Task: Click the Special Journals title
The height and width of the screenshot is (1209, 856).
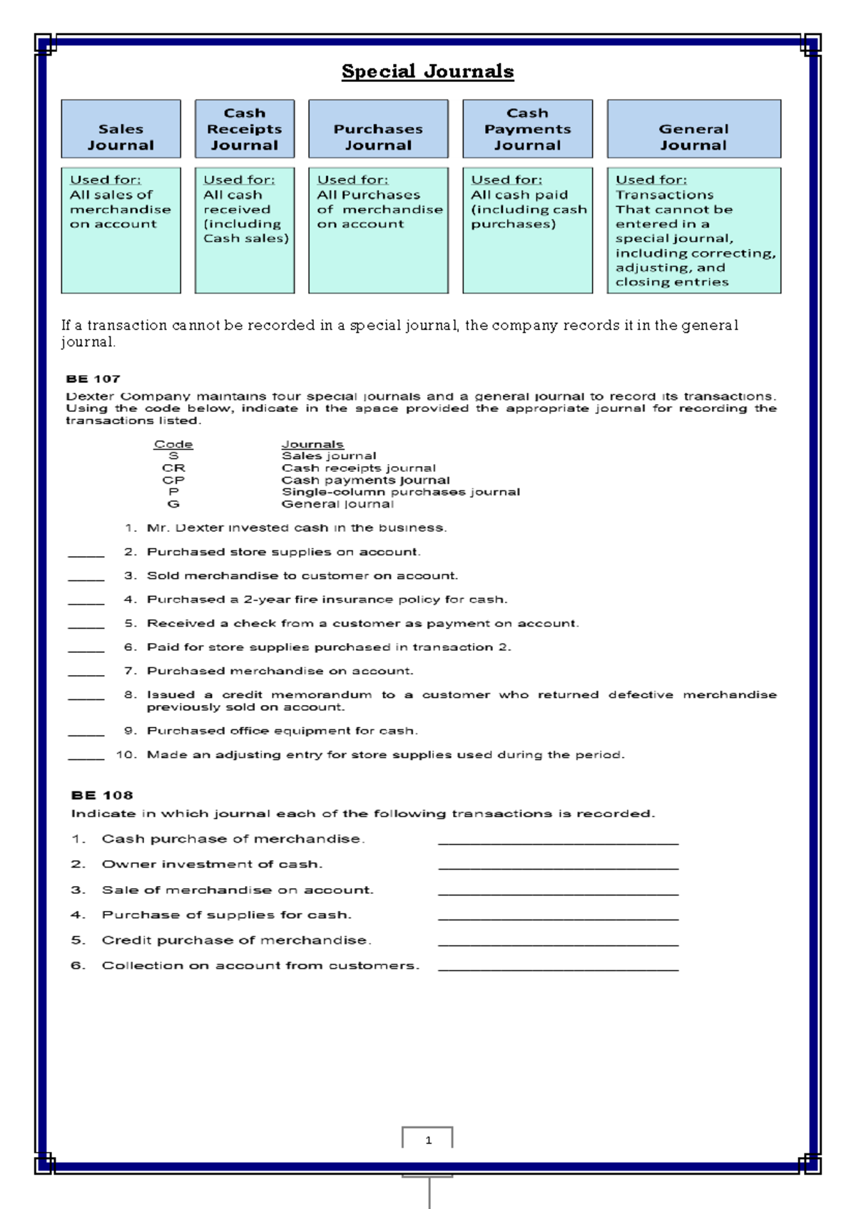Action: pos(427,71)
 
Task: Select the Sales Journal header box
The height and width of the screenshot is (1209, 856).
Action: pos(121,129)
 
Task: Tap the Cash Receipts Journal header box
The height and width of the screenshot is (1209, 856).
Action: pos(244,129)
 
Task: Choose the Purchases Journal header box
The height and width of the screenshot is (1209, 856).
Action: pos(378,129)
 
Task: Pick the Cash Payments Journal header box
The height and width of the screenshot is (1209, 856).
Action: pos(527,129)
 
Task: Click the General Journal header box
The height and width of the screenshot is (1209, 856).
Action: pos(693,129)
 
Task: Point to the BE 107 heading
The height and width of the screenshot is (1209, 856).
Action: pos(93,379)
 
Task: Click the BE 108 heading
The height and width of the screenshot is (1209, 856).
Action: pos(102,795)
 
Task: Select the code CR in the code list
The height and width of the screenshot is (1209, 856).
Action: pos(173,468)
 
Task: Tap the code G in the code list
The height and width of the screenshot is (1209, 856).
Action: pos(173,504)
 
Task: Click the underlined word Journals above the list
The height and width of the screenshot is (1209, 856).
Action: pos(312,444)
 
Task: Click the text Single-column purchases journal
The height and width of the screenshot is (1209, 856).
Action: pos(400,492)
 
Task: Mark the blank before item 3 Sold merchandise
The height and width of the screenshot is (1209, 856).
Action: pos(86,578)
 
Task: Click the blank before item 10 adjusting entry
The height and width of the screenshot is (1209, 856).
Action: pos(86,757)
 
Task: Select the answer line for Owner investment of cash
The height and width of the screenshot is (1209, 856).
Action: pos(558,867)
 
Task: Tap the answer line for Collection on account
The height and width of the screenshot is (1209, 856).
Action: pos(558,968)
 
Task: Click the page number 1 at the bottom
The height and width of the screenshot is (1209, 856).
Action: pos(428,1140)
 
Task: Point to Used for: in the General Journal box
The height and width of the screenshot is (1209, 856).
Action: pos(651,180)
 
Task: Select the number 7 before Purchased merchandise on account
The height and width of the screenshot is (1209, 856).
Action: pos(130,671)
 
